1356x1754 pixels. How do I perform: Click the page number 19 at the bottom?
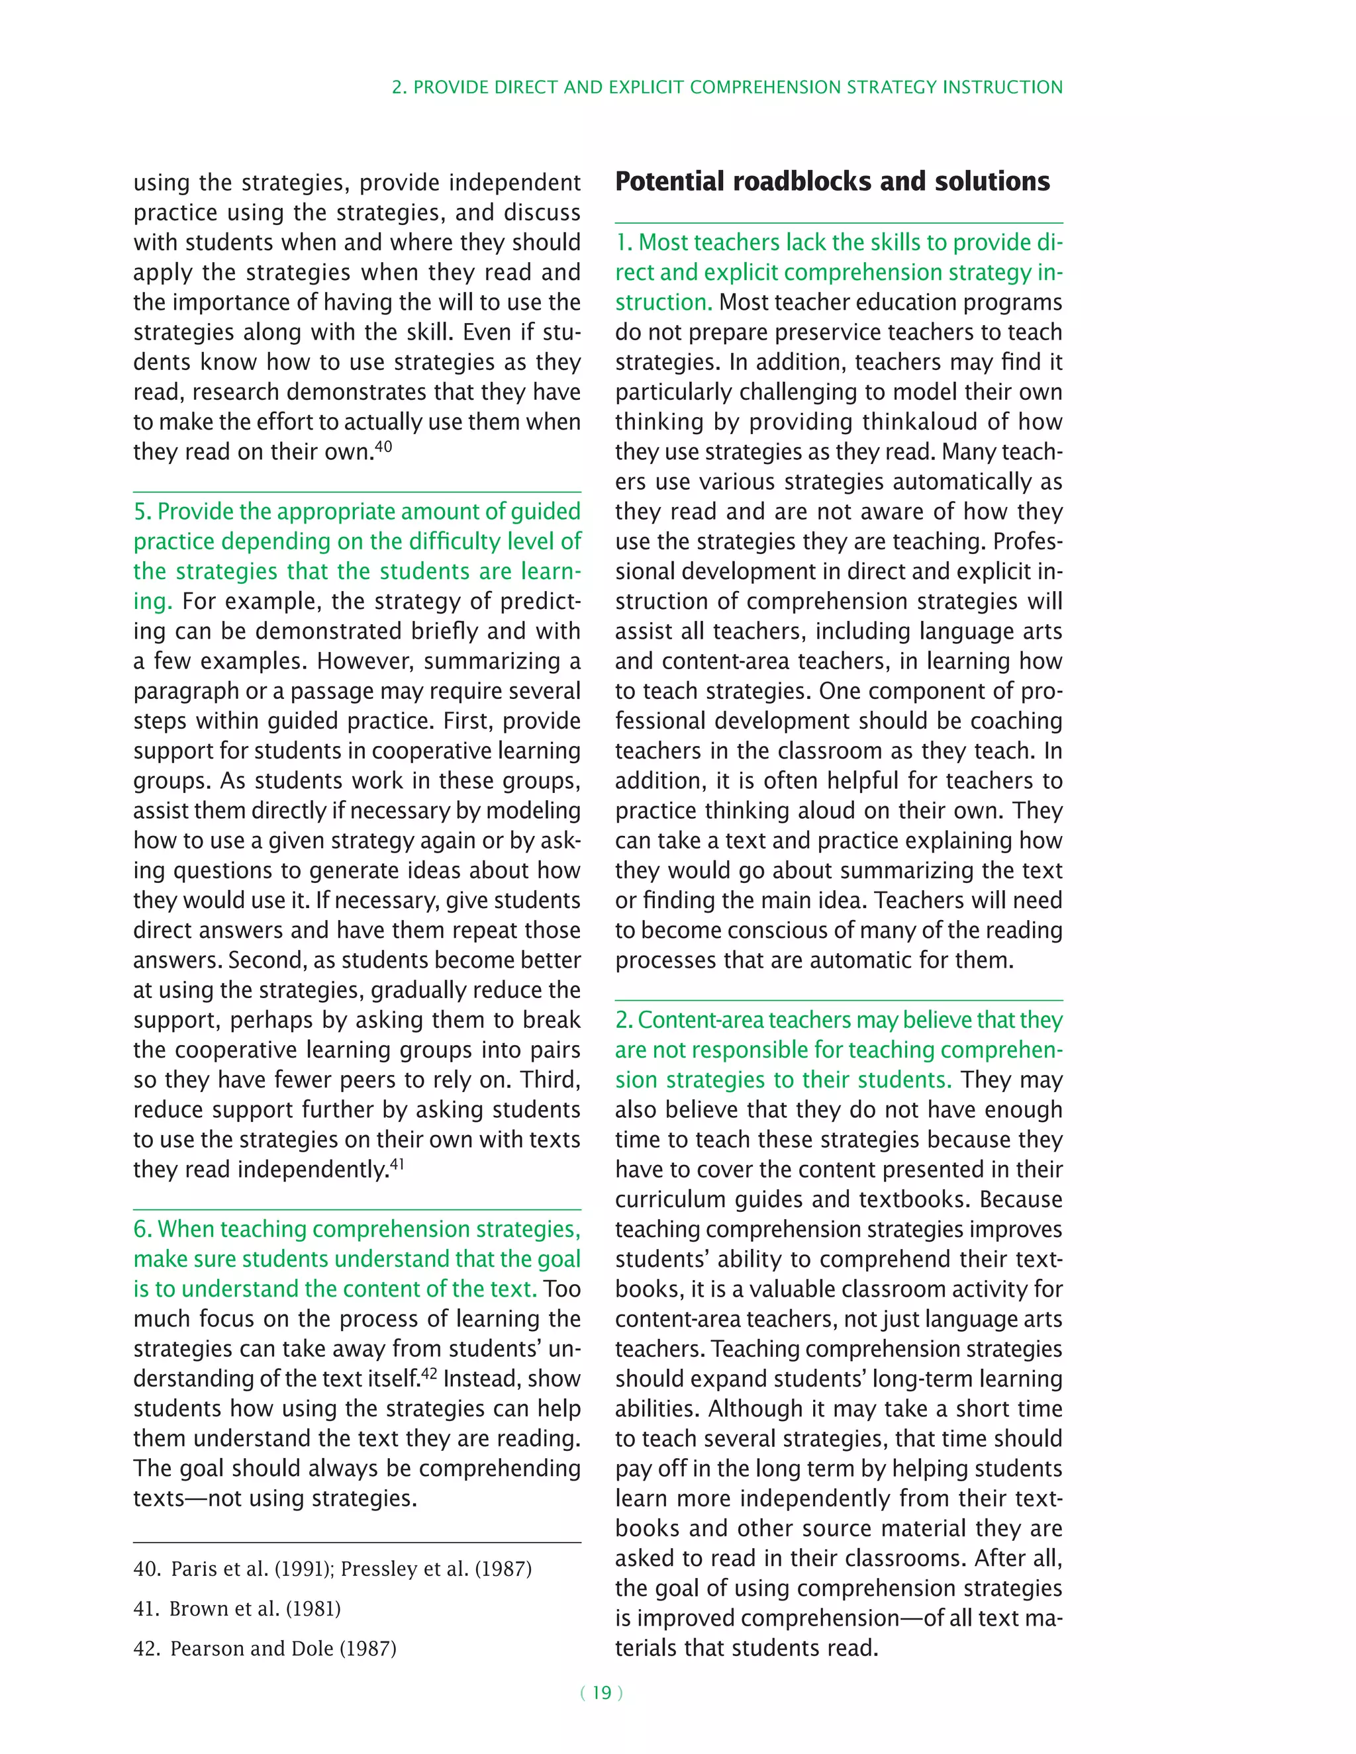[x=602, y=1693]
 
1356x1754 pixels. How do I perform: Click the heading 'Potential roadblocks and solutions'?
[x=832, y=181]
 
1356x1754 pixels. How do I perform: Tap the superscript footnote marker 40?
[x=383, y=445]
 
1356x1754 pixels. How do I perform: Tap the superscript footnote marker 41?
[x=397, y=1164]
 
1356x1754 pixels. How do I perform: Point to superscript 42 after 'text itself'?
[x=429, y=1373]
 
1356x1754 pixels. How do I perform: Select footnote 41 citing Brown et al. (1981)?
[x=237, y=1608]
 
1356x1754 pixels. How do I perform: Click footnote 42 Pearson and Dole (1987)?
[x=265, y=1648]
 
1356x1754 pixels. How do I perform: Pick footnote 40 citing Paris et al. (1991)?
[x=332, y=1569]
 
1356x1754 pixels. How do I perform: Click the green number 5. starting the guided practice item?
[x=142, y=512]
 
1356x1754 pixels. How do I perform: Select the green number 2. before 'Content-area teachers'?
[x=624, y=1020]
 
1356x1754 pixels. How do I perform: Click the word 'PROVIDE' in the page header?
[x=445, y=87]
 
